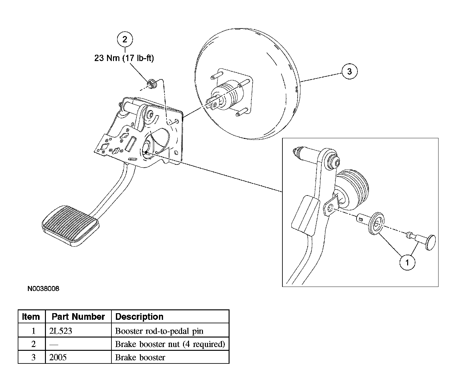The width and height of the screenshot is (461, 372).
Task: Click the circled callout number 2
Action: point(125,39)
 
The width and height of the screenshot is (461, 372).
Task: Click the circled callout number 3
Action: point(349,71)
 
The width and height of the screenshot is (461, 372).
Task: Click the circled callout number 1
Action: point(407,262)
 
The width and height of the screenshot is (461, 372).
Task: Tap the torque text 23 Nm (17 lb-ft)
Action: point(124,58)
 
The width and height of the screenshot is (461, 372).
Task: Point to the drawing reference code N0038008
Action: point(43,288)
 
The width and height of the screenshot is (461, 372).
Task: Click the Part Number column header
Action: point(78,317)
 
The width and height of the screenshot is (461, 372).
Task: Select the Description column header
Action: point(139,317)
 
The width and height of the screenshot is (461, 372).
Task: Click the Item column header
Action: point(31,317)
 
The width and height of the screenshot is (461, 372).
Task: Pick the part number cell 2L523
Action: point(61,331)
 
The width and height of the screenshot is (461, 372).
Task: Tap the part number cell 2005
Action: point(58,357)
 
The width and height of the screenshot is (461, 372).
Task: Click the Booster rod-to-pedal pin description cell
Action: point(159,331)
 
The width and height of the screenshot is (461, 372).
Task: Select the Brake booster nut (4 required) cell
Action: point(170,344)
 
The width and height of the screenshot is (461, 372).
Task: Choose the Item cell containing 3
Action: point(34,357)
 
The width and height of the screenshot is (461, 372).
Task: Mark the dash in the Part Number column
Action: point(54,344)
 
